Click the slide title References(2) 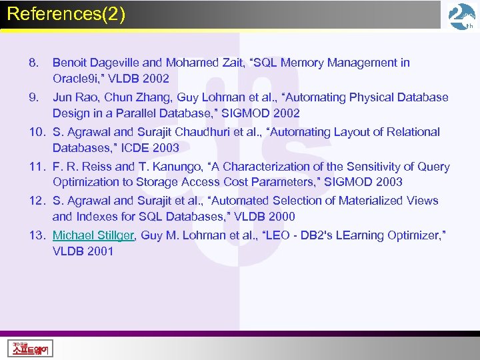pos(66,14)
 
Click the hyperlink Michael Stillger pos(93,235)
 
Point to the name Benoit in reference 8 pos(70,63)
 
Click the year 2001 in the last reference pos(99,251)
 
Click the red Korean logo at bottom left pos(31,347)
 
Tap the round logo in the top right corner pos(461,16)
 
